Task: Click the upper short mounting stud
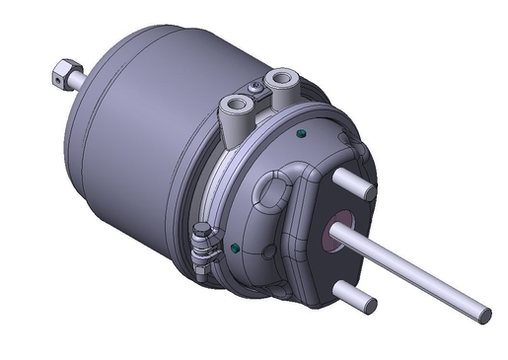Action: (353, 183)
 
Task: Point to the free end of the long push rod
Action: (483, 315)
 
